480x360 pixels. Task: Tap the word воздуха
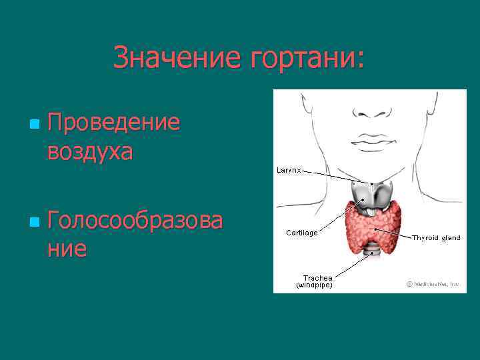[x=90, y=151]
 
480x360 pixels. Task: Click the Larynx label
[x=289, y=171]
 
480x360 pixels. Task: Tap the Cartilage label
[x=301, y=233]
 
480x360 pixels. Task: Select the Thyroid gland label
[x=436, y=237]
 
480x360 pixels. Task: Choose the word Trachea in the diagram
[x=317, y=277]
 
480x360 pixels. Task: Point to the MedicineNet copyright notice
[x=433, y=283]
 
